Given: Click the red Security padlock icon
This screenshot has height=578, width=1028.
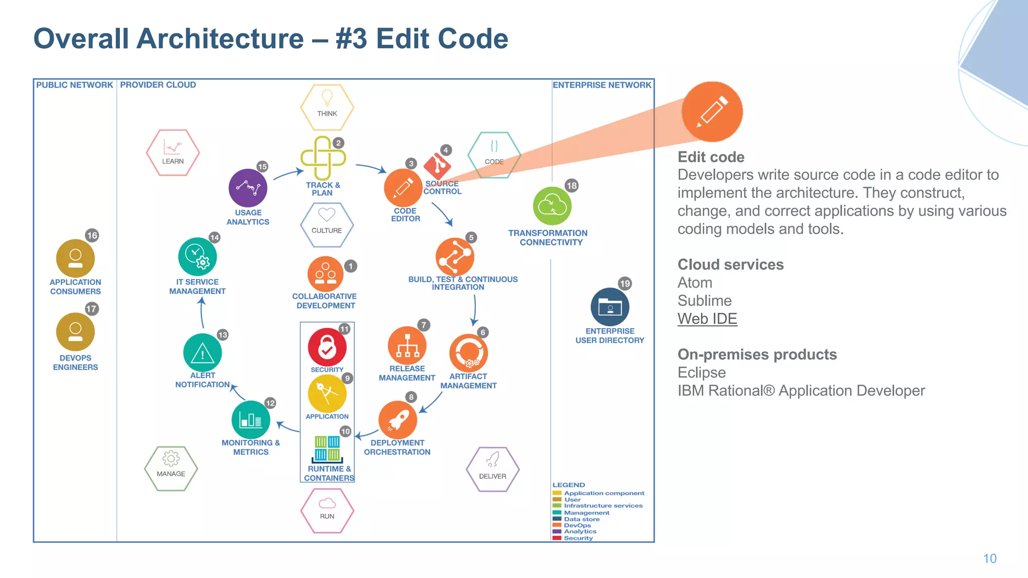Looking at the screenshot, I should coord(327,347).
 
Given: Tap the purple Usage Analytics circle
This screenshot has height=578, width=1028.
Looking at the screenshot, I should coord(247,188).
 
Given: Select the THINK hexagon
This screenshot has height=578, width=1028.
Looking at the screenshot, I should coord(327,107).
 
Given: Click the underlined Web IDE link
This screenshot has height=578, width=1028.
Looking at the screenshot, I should coord(707,319).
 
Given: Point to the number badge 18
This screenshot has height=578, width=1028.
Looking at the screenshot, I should coord(571,186).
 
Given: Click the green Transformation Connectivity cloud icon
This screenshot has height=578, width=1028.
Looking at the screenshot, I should coord(552,206).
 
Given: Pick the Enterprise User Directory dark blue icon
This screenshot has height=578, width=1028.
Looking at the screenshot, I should coord(610,307).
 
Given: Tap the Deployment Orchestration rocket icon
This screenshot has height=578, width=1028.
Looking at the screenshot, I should coord(397,419).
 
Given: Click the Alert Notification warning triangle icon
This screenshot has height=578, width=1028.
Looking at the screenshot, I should coord(202,353).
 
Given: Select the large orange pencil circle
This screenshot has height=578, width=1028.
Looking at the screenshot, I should coord(712,112).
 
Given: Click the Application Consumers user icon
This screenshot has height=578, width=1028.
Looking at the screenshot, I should coord(75,258).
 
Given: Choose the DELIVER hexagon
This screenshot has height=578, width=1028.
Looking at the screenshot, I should coord(492,469).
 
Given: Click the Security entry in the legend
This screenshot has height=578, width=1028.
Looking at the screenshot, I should coord(578,538).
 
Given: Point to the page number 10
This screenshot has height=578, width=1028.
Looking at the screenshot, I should coord(989,558).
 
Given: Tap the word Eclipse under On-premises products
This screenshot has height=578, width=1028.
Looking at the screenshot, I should coord(701,372).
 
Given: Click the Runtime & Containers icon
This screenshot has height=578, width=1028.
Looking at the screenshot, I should coord(327,449).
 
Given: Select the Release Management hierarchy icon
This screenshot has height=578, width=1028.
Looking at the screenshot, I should coord(407,346).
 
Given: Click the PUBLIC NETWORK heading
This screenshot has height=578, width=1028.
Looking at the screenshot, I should coord(74,85).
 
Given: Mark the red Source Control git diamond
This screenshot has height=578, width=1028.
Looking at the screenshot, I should coord(437,165).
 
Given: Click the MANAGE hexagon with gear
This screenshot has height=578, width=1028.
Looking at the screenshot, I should coord(171,468).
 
